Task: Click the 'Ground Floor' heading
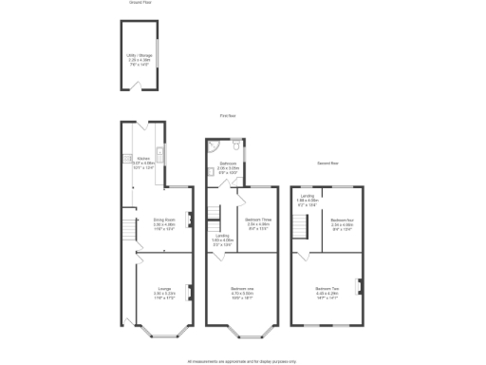click(140, 4)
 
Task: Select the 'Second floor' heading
click(327, 163)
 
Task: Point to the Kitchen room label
click(145, 161)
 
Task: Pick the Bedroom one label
click(244, 292)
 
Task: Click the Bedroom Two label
click(328, 291)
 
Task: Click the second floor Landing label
click(308, 201)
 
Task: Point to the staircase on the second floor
click(301, 226)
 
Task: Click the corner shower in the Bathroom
click(215, 146)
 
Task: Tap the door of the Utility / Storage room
click(140, 87)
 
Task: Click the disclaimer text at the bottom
click(242, 359)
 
